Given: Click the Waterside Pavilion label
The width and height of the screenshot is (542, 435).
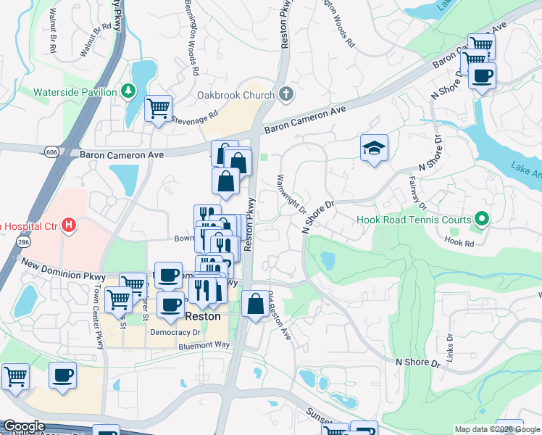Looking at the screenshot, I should (x=75, y=92).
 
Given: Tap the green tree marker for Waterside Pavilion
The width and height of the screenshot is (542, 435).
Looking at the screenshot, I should (x=128, y=91).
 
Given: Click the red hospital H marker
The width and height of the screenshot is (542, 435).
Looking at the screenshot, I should (x=69, y=225).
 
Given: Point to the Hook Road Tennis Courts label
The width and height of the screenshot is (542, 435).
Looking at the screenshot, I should (x=414, y=219).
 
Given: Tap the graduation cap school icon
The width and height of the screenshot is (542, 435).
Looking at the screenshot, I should (x=374, y=149).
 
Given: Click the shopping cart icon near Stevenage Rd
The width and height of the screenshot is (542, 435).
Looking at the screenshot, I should (x=158, y=109).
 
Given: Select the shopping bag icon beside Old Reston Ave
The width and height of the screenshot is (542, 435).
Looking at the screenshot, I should (x=255, y=304).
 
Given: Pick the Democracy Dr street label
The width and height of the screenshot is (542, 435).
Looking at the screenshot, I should (x=175, y=332).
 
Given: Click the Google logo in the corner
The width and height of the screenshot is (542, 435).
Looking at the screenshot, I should (x=24, y=426).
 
